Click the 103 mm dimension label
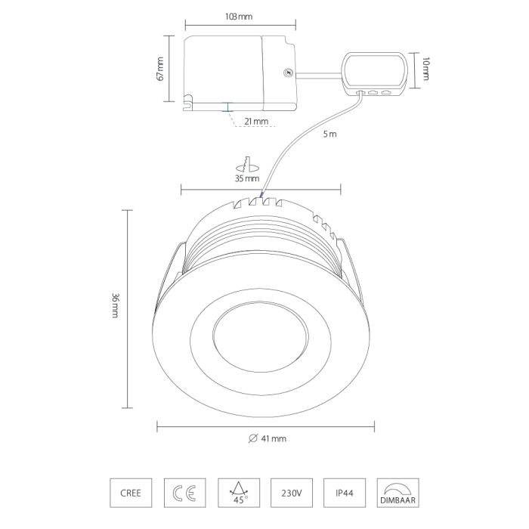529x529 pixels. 239,17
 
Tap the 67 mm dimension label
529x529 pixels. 160,69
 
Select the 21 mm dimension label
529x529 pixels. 256,121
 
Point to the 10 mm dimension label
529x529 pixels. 425,69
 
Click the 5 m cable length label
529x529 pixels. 330,134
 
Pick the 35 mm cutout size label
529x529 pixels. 247,178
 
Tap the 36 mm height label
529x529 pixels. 116,305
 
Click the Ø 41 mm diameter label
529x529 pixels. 268,438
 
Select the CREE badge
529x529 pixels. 131,493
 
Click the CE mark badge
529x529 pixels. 185,493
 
